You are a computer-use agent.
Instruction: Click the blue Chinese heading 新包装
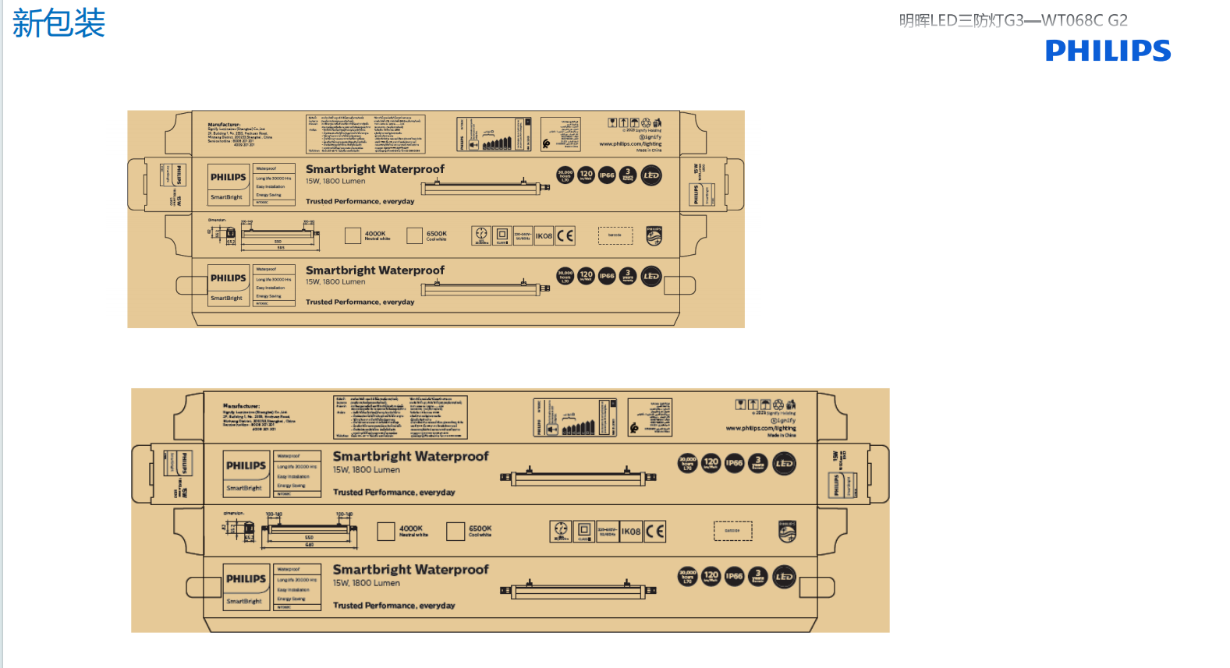click(x=58, y=23)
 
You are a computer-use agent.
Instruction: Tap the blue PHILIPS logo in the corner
click(x=1108, y=51)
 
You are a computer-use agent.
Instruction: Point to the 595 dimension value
click(x=281, y=248)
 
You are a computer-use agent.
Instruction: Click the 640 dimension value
click(x=310, y=545)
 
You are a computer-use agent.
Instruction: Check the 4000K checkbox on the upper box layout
click(x=353, y=235)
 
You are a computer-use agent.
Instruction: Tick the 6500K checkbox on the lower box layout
click(x=455, y=532)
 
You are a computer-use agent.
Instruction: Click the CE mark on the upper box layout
click(x=565, y=235)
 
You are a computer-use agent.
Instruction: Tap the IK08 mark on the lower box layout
click(x=631, y=532)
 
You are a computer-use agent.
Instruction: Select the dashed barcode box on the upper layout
click(x=615, y=235)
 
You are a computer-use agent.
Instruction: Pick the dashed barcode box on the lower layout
click(x=732, y=531)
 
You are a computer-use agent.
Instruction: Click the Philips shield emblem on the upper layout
click(x=654, y=235)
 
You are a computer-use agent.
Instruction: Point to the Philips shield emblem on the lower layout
click(x=787, y=532)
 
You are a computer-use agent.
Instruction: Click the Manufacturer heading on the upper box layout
click(x=224, y=125)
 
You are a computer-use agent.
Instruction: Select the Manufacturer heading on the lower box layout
click(x=241, y=406)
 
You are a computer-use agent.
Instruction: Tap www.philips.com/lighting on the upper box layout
click(x=630, y=143)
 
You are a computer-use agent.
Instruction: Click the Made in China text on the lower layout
click(x=782, y=435)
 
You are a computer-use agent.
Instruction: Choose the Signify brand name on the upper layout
click(x=651, y=137)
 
